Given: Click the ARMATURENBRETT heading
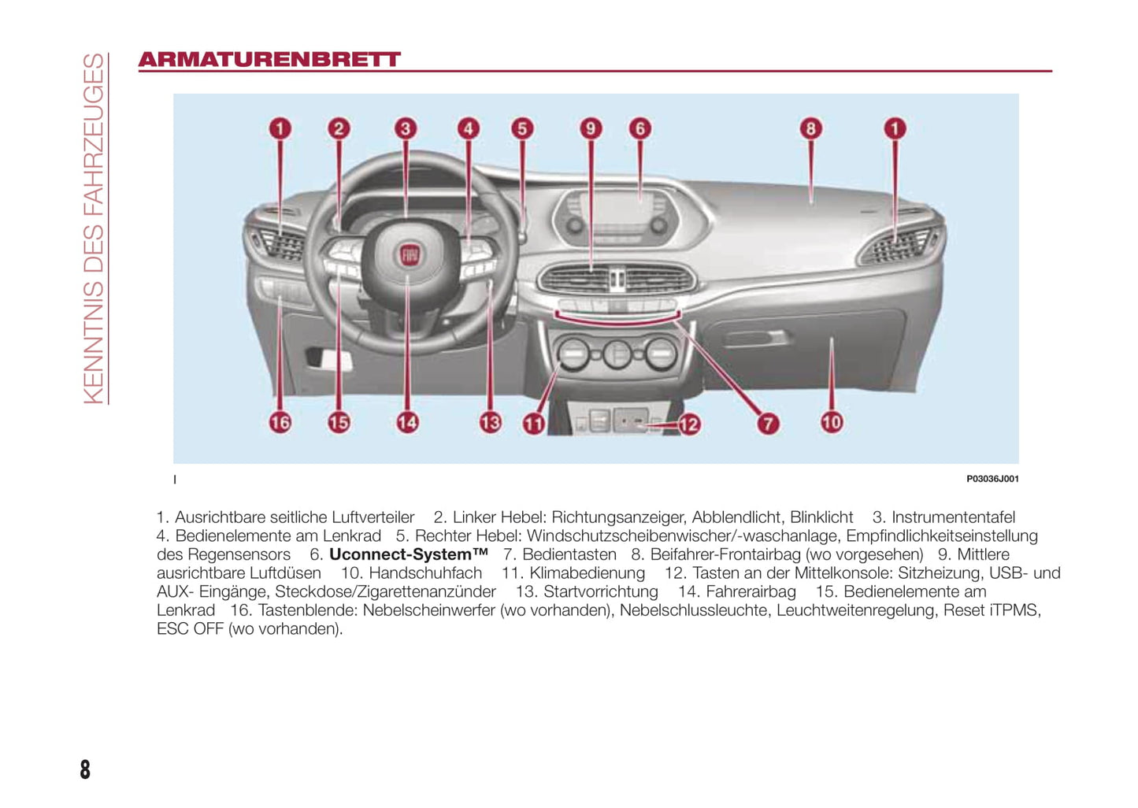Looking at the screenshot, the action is click(270, 59).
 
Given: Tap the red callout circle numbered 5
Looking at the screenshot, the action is click(522, 128).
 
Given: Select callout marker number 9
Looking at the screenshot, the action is click(591, 128).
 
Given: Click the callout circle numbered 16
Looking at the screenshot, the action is click(280, 422).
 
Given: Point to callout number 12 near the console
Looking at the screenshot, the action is click(689, 424).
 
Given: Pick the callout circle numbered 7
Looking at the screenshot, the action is click(768, 424).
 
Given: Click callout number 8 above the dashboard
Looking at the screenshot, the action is click(811, 128).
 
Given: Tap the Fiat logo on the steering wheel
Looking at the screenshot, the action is click(410, 255).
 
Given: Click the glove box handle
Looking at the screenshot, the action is click(755, 338).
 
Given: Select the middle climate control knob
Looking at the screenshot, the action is click(617, 354).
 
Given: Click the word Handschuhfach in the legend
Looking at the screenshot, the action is click(425, 573).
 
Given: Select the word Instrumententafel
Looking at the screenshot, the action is click(953, 517).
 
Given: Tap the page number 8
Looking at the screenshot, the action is click(85, 769).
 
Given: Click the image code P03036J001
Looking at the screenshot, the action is click(992, 479).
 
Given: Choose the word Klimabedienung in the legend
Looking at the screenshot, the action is click(588, 573).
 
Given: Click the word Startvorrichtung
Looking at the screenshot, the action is click(600, 591).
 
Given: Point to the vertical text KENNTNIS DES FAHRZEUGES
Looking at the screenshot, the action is click(94, 228).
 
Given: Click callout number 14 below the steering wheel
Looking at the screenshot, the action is click(407, 422).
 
